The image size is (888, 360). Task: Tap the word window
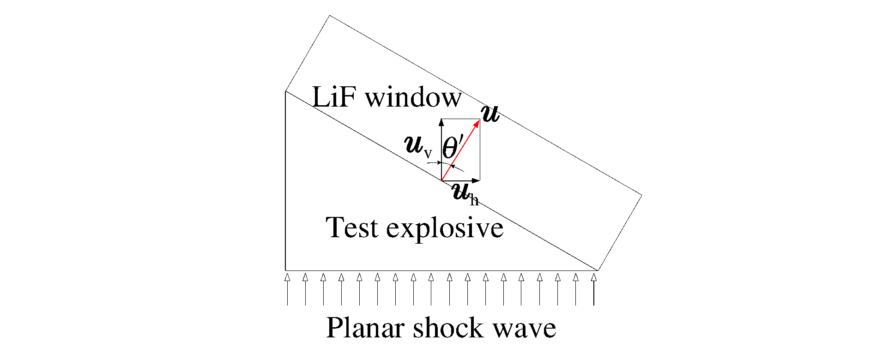[414, 97]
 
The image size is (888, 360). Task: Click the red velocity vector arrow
[460, 150]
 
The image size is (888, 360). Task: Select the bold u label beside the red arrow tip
[490, 114]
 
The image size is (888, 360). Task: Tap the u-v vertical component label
[418, 146]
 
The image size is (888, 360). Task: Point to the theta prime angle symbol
[453, 146]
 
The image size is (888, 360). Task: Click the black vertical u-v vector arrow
[441, 150]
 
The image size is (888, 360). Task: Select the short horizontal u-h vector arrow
[461, 180]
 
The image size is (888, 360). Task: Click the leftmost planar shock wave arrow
[287, 289]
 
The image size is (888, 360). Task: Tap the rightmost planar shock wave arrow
[594, 289]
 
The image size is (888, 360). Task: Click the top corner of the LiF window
[330, 16]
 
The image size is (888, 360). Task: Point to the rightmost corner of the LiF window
[642, 196]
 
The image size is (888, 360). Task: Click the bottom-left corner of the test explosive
[286, 270]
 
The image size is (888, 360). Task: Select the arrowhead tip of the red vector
[480, 120]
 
